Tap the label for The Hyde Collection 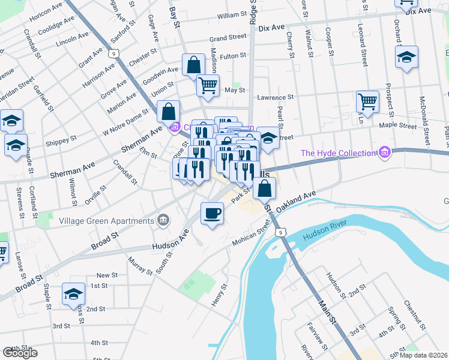pos(338,153)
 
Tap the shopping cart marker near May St pos(208,85)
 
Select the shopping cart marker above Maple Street pos(367,101)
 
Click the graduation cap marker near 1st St pos(74,293)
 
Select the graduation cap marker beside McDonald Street pos(406,58)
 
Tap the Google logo pos(20,353)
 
